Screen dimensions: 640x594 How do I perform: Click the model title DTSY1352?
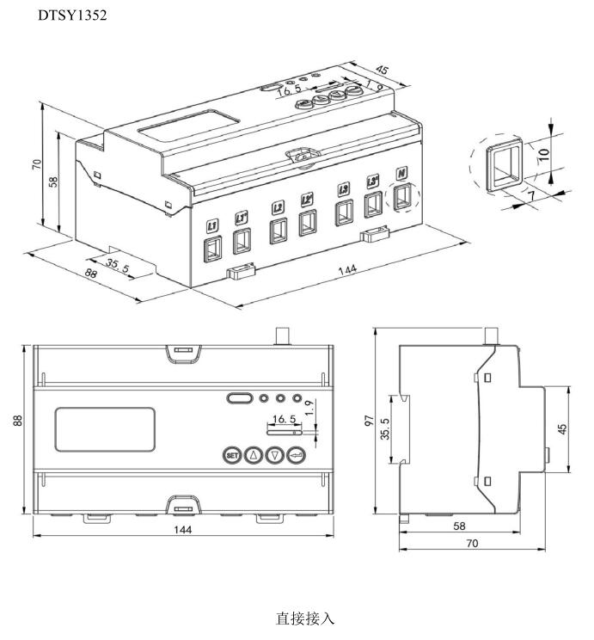point(72,16)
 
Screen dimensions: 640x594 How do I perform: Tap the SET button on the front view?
point(231,455)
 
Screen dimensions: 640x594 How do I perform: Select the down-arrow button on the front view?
point(274,455)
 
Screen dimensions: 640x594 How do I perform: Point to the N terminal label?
point(401,174)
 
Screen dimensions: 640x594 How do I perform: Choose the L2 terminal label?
point(278,207)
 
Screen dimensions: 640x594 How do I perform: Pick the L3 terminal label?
point(344,188)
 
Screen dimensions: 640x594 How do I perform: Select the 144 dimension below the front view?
point(182,530)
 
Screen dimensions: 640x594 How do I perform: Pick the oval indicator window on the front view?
point(239,399)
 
